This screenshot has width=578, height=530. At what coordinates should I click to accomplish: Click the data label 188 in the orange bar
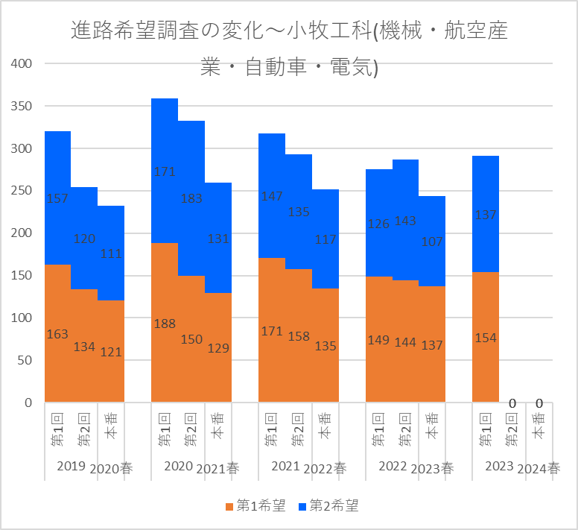pos(165,324)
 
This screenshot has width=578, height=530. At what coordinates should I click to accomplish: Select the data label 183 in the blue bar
pos(191,199)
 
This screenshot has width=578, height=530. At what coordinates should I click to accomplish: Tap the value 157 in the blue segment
pos(57,199)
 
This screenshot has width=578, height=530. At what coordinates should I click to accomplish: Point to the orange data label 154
pos(486,338)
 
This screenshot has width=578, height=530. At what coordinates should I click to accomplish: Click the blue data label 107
pos(432,242)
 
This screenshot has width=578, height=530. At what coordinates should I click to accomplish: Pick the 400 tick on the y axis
pos(22,64)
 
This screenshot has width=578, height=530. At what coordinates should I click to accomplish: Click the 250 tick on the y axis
pos(22,191)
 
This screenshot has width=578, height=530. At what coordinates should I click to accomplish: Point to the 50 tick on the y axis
pos(25,360)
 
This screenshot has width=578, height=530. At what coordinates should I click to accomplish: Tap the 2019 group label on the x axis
pos(71,467)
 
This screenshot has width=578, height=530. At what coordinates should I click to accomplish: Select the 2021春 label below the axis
pos(218,469)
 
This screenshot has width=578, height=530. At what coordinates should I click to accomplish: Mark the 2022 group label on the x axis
pos(392,467)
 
